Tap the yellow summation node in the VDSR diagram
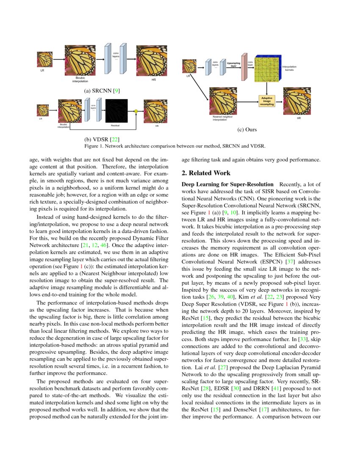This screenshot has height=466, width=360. (x=136, y=111)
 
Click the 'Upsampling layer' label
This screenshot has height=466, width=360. (x=233, y=65)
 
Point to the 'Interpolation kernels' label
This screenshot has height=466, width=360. (x=289, y=68)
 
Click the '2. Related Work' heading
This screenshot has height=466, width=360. (x=206, y=173)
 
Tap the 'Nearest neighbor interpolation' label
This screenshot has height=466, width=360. (x=222, y=118)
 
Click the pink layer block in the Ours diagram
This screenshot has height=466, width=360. (x=244, y=67)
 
